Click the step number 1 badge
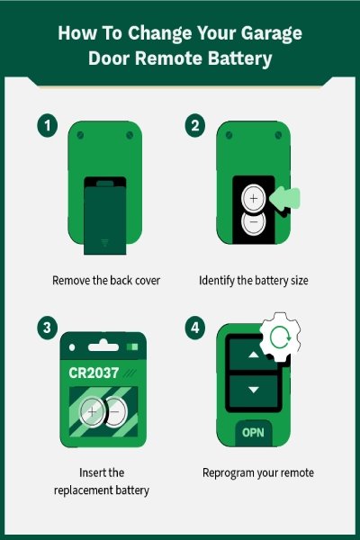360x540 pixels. pos(47,125)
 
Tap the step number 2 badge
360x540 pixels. pos(195,125)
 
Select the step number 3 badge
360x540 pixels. pos(47,328)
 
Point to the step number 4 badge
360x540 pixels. pos(195,328)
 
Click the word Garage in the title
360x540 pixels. pos(272,34)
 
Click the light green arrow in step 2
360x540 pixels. pos(284,198)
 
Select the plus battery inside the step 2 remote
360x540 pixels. pos(254,198)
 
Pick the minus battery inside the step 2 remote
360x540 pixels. pos(254,222)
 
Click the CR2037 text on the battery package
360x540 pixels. pos(94,373)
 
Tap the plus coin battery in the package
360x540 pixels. pos(92,412)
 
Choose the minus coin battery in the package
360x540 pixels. pos(115,412)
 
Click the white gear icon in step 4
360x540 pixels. pos(281,337)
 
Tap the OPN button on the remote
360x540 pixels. pos(253,433)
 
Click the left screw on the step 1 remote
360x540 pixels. pos(80,135)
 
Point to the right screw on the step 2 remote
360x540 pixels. pos(278,135)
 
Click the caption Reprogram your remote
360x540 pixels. pos(258,473)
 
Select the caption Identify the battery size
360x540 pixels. pos(254,281)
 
